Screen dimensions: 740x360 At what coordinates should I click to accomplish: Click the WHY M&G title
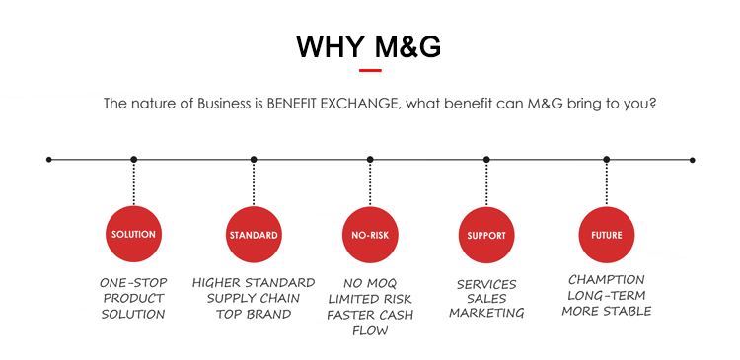(x=369, y=46)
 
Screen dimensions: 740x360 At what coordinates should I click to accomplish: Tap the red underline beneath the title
(x=370, y=70)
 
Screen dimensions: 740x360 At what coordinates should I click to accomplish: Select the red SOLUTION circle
(x=133, y=234)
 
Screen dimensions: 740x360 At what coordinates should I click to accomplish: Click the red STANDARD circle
(x=254, y=235)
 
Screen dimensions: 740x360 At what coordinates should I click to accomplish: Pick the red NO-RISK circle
(x=370, y=235)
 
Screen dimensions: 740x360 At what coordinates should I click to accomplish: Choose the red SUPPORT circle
(x=486, y=235)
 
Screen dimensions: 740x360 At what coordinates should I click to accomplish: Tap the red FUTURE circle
(x=607, y=235)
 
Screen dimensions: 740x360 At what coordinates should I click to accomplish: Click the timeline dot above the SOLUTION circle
(x=134, y=160)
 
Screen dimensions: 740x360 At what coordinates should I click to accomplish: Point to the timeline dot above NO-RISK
(x=370, y=160)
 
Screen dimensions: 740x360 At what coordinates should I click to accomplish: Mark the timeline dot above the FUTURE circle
(x=607, y=160)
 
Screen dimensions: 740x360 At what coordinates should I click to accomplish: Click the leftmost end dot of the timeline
(x=49, y=160)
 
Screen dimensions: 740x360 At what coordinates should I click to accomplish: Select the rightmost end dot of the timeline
(x=692, y=160)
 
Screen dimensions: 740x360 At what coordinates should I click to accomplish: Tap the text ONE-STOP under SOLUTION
(x=133, y=283)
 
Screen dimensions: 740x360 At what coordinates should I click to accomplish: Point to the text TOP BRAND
(x=254, y=314)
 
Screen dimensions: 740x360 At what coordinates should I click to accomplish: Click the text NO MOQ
(x=370, y=284)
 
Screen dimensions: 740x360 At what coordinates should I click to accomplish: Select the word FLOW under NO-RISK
(x=370, y=330)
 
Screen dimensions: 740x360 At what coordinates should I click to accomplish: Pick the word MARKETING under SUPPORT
(x=486, y=313)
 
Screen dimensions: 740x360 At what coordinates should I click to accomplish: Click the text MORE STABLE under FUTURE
(x=607, y=311)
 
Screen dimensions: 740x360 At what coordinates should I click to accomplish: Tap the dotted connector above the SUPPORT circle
(x=486, y=183)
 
